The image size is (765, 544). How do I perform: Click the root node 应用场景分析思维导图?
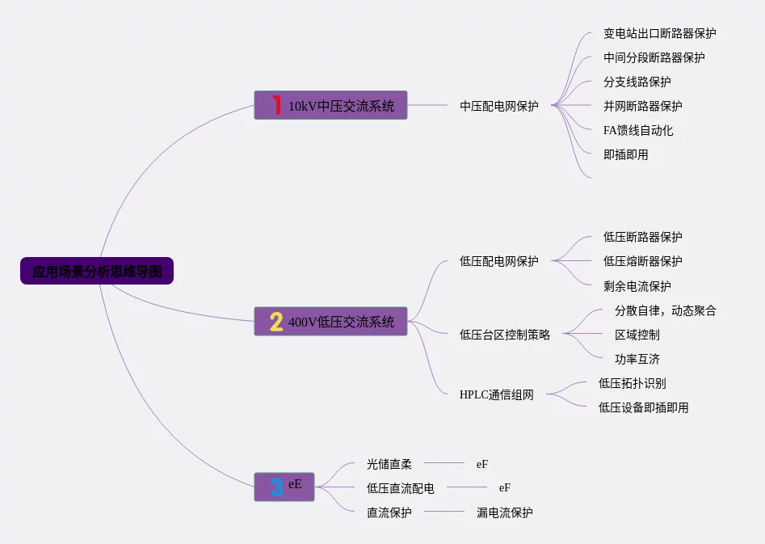coord(97,271)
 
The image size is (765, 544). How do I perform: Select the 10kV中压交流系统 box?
coord(330,105)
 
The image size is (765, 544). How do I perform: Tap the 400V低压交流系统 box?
coord(330,322)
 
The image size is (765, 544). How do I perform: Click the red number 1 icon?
coord(276,105)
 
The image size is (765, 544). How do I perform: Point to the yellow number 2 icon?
coord(276,322)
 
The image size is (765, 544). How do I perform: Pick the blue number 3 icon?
coord(276,487)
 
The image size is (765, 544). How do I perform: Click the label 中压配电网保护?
coord(498,106)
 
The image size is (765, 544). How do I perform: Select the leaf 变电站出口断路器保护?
coord(659,33)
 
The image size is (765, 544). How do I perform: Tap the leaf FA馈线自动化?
coord(638,130)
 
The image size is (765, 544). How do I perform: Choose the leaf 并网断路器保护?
coord(642,106)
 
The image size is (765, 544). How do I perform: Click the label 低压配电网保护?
coord(498,261)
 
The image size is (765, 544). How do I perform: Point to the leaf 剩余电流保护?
coord(637,286)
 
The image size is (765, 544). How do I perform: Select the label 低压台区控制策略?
coord(504,335)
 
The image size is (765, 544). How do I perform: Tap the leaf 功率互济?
coord(637,359)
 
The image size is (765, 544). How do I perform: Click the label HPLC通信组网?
coord(496,395)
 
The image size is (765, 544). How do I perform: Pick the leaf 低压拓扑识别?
coord(632,383)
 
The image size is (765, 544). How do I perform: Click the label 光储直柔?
coord(389,464)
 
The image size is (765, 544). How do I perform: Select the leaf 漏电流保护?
coord(504,512)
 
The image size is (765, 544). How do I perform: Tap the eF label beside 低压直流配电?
coord(505,488)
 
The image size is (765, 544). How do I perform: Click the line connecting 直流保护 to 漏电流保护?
coord(444,512)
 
